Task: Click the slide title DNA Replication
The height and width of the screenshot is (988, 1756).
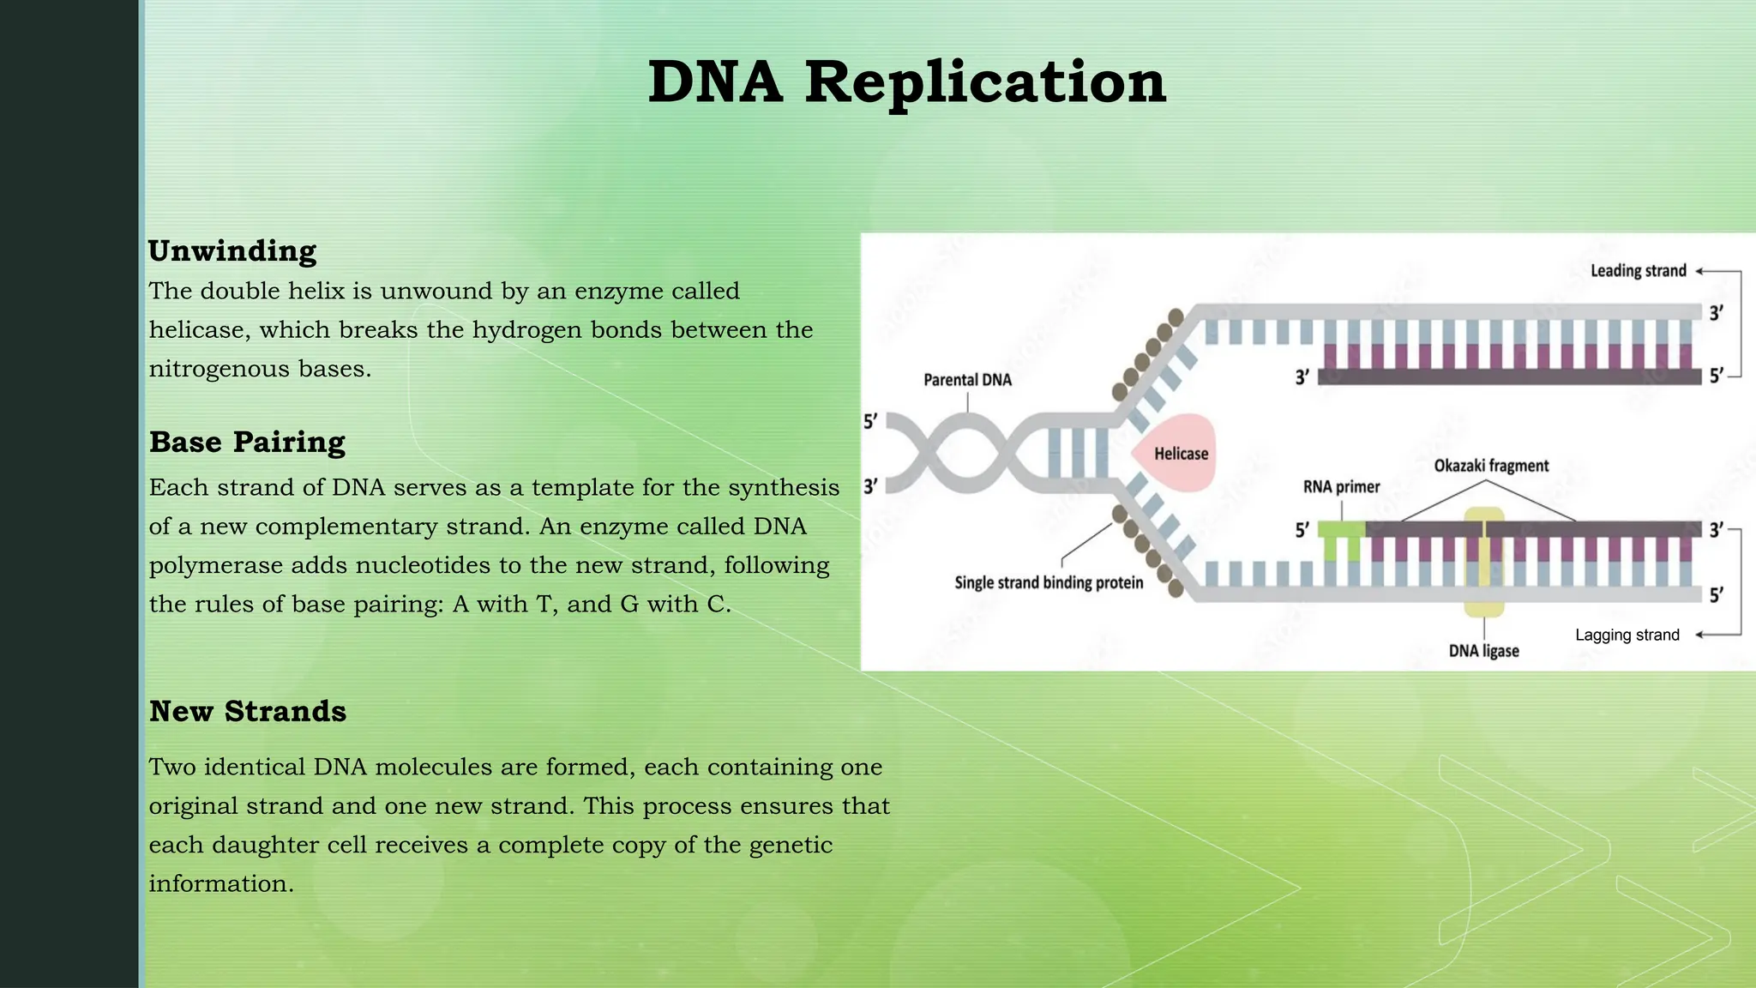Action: pyautogui.click(x=906, y=82)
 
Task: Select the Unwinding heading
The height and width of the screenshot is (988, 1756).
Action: pyautogui.click(x=232, y=251)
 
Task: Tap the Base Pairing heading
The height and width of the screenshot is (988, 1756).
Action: pyautogui.click(x=247, y=443)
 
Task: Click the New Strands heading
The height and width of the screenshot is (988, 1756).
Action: pyautogui.click(x=248, y=712)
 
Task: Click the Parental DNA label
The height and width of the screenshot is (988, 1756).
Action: pyautogui.click(x=967, y=380)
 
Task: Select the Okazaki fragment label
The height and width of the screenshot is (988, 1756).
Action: pyautogui.click(x=1491, y=466)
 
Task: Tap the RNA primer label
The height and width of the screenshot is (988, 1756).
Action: pyautogui.click(x=1341, y=487)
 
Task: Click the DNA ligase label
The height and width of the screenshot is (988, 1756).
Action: pyautogui.click(x=1483, y=651)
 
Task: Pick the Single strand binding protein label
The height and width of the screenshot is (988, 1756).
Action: pyautogui.click(x=1049, y=583)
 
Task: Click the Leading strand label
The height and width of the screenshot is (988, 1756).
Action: pyautogui.click(x=1638, y=271)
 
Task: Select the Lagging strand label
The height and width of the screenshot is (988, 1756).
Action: pyautogui.click(x=1627, y=636)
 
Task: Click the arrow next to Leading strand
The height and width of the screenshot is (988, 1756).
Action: pyautogui.click(x=1703, y=271)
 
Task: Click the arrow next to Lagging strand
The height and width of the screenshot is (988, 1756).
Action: pyautogui.click(x=1703, y=636)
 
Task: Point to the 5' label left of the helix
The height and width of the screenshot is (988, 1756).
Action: pyautogui.click(x=870, y=421)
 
